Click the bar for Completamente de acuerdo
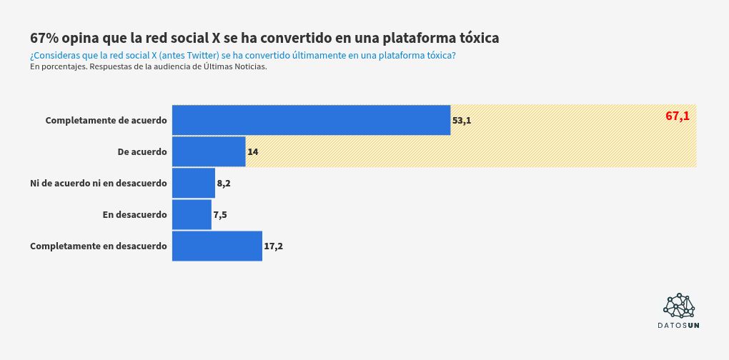pyautogui.click(x=311, y=120)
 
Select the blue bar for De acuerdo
pyautogui.click(x=209, y=151)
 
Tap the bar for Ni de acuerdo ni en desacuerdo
pyautogui.click(x=194, y=184)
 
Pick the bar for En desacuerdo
pyautogui.click(x=192, y=215)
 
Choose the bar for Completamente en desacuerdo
pyautogui.click(x=217, y=246)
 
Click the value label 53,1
pyautogui.click(x=462, y=121)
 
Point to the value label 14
pyautogui.click(x=253, y=152)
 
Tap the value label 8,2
pyautogui.click(x=224, y=184)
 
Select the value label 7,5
pyautogui.click(x=220, y=215)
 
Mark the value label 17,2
pyautogui.click(x=274, y=246)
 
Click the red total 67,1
pyautogui.click(x=678, y=116)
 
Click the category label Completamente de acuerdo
pyautogui.click(x=106, y=120)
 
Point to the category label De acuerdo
pyautogui.click(x=142, y=151)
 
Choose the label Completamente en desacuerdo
pyautogui.click(x=99, y=246)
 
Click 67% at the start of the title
pyautogui.click(x=45, y=37)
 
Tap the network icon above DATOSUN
pyautogui.click(x=679, y=306)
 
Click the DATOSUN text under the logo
pyautogui.click(x=679, y=326)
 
